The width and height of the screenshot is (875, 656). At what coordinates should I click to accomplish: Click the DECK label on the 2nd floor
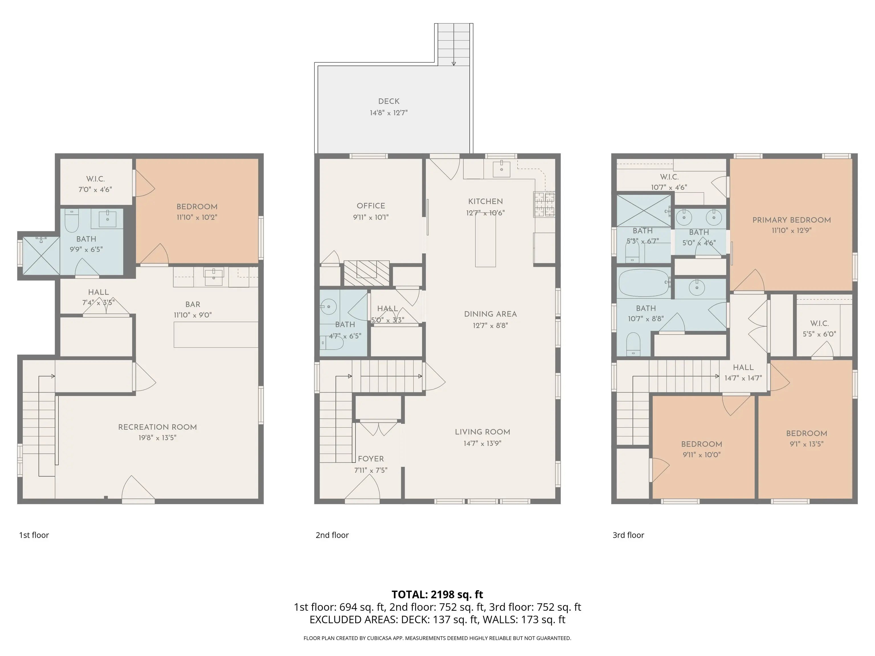click(389, 102)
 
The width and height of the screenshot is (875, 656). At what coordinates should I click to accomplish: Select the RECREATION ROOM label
click(158, 427)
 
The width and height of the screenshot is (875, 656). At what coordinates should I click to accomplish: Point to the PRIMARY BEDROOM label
click(792, 220)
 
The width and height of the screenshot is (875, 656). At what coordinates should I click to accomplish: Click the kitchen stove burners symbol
click(544, 204)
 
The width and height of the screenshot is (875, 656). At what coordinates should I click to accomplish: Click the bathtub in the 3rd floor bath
click(644, 282)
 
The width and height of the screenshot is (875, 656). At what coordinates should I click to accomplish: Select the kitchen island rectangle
click(485, 240)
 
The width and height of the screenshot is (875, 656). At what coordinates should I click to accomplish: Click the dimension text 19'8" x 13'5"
click(158, 438)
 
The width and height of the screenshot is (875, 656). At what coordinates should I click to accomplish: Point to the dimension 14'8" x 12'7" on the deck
click(389, 113)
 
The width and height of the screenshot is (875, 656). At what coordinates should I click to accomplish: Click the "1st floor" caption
click(34, 535)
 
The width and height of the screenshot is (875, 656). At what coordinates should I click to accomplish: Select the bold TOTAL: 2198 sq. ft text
click(437, 594)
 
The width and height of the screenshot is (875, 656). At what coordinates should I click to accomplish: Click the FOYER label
click(371, 459)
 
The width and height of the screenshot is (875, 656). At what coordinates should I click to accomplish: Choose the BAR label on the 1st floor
click(193, 304)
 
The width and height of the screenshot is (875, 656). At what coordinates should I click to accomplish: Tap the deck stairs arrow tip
click(454, 65)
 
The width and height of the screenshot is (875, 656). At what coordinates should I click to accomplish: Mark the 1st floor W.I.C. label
click(95, 179)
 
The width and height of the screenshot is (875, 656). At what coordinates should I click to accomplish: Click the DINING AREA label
click(490, 314)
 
